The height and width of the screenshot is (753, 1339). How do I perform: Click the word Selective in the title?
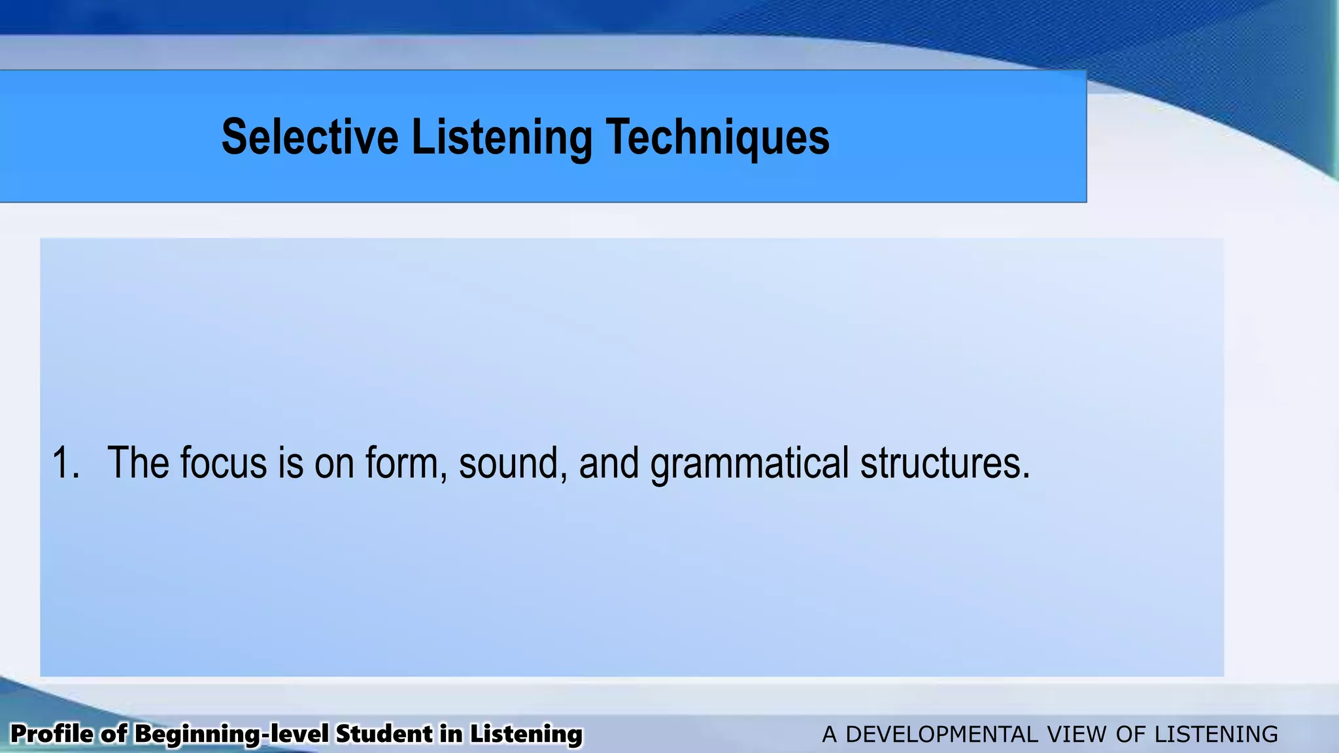point(310,137)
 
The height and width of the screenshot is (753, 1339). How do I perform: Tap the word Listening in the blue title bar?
point(501,137)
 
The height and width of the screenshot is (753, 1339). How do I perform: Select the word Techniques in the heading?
point(718,137)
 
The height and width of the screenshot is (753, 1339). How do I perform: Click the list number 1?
point(64,463)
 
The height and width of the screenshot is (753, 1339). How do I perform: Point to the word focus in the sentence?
point(224,463)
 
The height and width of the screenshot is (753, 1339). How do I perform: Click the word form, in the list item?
point(406,463)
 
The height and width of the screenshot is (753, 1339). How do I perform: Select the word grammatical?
point(749,463)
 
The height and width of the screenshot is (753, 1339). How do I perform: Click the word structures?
point(945,463)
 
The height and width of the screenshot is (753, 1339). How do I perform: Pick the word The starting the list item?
point(138,463)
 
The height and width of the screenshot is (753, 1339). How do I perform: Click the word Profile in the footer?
point(52,734)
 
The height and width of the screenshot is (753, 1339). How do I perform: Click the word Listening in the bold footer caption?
point(526,734)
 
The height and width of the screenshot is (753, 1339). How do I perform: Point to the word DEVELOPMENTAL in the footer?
point(941,734)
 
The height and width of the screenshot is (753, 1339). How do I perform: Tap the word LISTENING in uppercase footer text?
point(1215,734)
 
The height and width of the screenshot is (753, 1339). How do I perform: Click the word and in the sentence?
point(609,463)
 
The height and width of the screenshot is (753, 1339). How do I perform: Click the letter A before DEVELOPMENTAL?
point(829,734)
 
